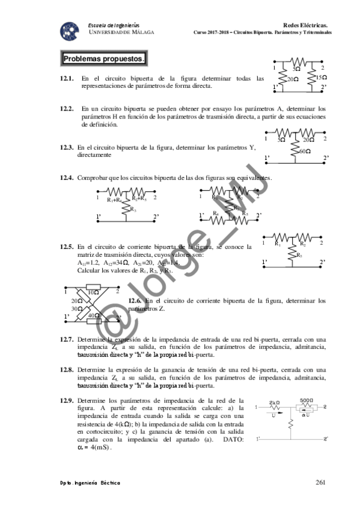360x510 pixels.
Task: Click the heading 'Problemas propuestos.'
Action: pos(104,59)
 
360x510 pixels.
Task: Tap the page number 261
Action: pos(320,482)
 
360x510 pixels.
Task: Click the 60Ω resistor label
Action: pos(305,152)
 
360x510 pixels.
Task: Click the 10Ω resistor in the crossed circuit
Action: pos(93,292)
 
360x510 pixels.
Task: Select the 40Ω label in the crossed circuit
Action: pos(94,315)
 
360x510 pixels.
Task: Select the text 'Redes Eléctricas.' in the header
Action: pos(307,26)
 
